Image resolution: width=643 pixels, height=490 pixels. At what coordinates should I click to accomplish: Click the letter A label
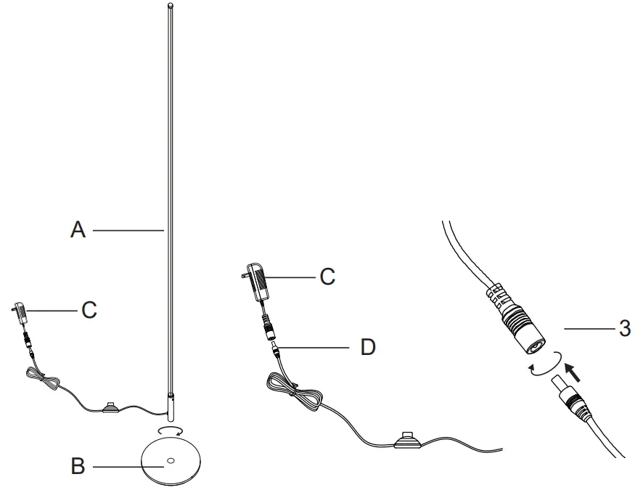pos(78,230)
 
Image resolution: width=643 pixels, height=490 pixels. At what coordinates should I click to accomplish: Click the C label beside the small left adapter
pos(89,310)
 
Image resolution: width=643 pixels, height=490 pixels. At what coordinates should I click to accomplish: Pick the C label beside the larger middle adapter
pos(327,277)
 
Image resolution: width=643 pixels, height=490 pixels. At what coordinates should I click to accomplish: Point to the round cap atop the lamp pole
pos(171,7)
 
